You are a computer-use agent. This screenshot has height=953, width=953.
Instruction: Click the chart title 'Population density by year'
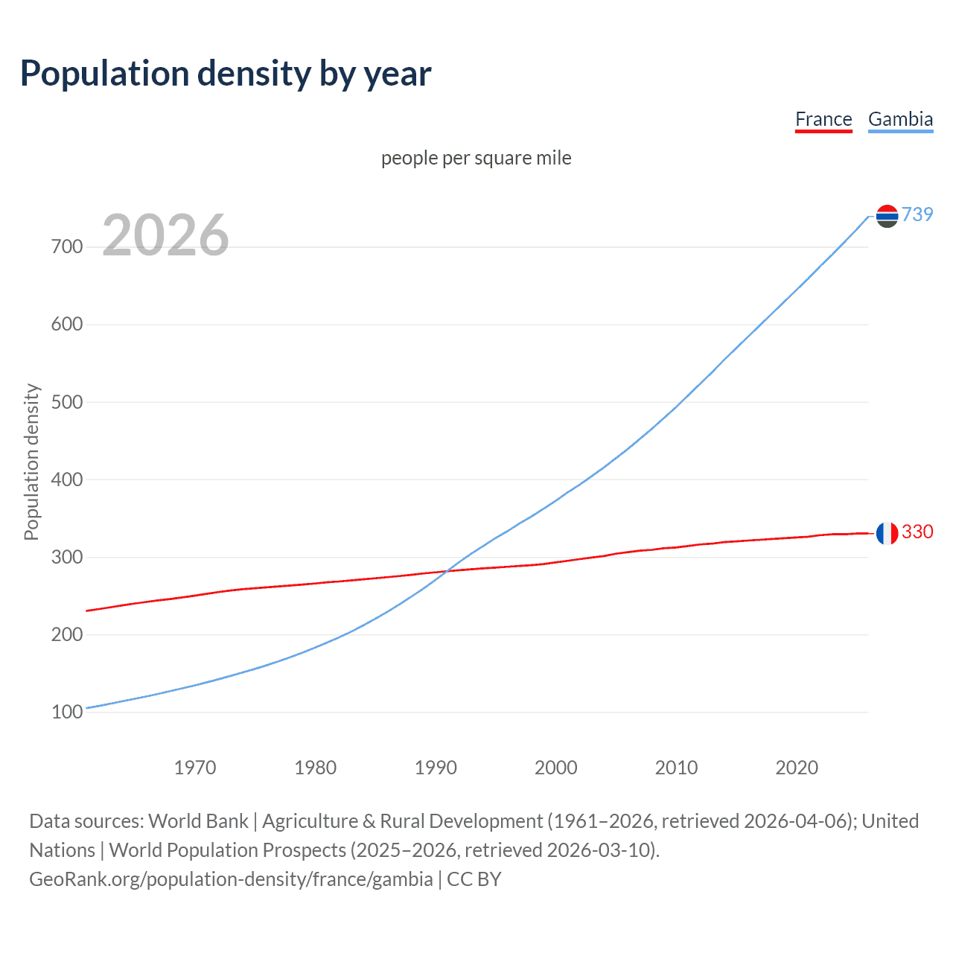226,74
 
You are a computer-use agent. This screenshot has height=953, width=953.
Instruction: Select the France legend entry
823,119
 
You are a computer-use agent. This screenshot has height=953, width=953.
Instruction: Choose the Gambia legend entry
900,119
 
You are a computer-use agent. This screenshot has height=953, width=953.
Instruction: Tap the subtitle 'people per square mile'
476,158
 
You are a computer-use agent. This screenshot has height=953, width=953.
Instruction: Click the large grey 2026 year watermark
165,235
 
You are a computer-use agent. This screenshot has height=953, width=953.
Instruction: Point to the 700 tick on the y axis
67,246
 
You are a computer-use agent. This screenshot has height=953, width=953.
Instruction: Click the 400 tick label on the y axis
67,479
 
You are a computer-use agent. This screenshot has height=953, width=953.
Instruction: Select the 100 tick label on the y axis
67,713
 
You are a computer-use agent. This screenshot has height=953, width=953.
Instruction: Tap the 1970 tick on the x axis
195,767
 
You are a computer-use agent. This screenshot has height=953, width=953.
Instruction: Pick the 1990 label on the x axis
436,767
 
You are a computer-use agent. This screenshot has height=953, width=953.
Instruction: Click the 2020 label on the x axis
797,767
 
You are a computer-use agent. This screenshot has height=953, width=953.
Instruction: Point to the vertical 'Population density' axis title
31,462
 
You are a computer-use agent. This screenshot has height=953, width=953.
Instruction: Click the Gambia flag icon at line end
887,216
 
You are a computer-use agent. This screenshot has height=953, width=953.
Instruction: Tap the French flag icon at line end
887,533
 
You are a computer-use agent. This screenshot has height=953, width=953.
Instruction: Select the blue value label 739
917,214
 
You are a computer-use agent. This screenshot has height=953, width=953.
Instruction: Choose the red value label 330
917,532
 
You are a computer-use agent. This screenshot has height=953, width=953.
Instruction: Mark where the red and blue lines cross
445,571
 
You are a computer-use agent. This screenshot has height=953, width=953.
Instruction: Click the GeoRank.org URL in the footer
231,879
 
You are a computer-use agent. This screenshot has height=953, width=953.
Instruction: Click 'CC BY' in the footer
474,879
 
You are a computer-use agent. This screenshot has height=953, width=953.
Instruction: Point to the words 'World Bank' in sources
198,821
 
